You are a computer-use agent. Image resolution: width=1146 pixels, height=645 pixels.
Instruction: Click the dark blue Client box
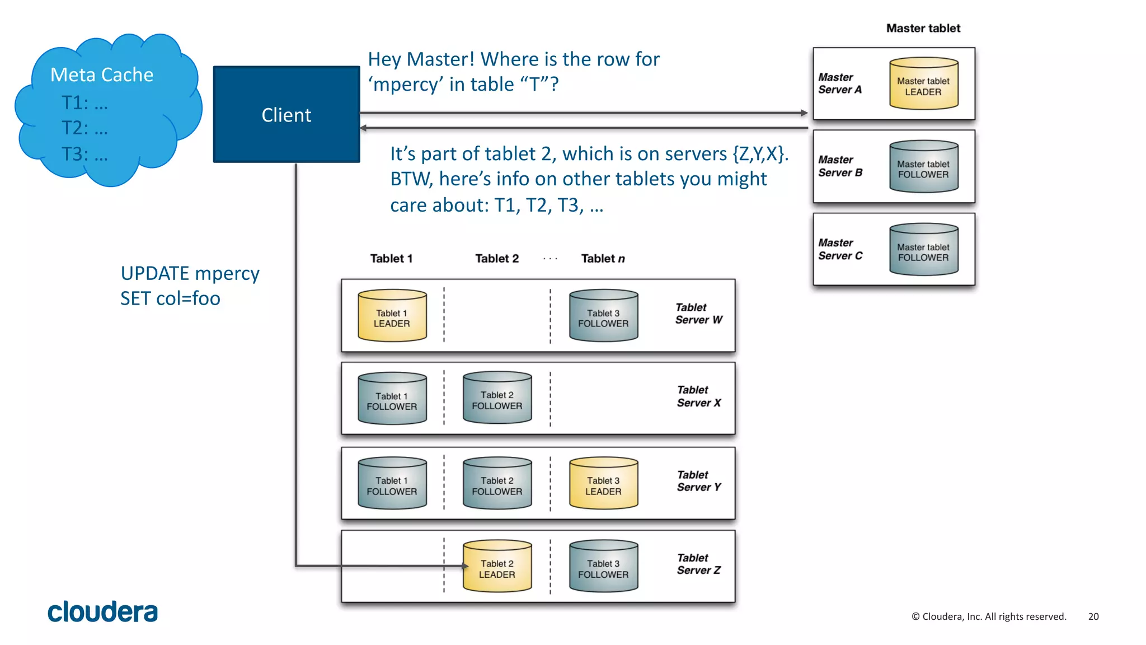pos(286,115)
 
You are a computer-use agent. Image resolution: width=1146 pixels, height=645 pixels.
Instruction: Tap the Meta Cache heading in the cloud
pos(102,74)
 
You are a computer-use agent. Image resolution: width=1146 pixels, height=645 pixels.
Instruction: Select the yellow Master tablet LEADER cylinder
pos(923,84)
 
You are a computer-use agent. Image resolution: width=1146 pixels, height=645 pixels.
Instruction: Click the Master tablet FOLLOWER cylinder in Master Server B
pos(923,167)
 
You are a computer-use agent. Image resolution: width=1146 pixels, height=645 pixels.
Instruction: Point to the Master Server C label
pos(840,249)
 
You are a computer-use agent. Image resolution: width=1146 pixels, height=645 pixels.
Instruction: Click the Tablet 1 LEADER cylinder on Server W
pos(392,316)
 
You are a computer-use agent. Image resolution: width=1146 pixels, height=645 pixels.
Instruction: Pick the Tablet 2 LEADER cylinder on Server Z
pos(497,567)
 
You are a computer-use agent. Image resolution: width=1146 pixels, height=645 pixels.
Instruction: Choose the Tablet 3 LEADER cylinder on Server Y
pos(603,484)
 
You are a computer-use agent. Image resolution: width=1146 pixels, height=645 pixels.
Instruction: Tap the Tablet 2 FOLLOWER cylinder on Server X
pos(497,399)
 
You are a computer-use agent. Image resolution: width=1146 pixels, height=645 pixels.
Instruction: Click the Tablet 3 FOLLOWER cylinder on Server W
pos(603,316)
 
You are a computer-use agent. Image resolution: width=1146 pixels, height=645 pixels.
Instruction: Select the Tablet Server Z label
pos(698,564)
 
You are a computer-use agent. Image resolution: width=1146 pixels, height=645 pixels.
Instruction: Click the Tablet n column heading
pos(603,259)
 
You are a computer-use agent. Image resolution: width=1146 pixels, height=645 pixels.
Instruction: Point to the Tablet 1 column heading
pos(391,259)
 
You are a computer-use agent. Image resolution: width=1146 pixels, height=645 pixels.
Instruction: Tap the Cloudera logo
pos(102,612)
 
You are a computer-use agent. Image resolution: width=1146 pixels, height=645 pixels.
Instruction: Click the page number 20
pos(1093,616)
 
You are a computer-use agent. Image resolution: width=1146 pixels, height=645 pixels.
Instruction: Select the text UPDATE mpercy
pos(190,273)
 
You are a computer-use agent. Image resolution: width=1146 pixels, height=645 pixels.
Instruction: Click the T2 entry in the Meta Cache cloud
pos(84,128)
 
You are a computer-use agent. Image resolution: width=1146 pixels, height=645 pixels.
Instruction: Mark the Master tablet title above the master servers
pos(923,28)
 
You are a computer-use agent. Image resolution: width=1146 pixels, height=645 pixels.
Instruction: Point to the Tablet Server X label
pos(698,396)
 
